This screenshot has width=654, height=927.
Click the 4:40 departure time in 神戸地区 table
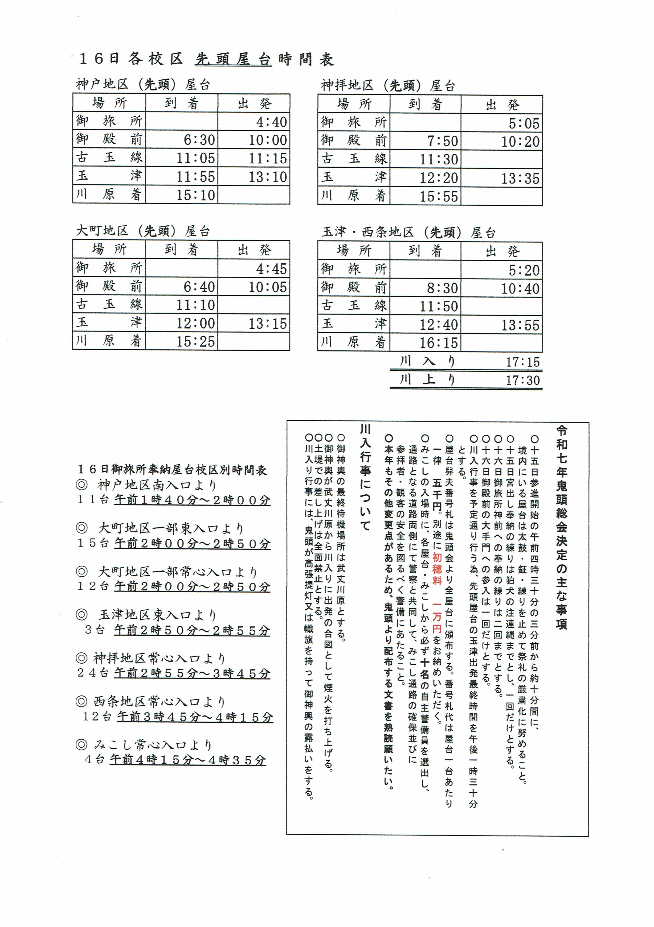tap(271, 122)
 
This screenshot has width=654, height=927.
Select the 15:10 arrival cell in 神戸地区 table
tap(195, 195)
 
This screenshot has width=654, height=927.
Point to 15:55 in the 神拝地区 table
tap(439, 197)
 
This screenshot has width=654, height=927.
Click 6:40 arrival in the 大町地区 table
tap(199, 287)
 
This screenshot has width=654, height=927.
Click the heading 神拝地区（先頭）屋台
tap(388, 86)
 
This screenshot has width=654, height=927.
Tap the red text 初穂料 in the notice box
tap(437, 569)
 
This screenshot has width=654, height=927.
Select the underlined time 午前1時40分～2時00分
tap(192, 500)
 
